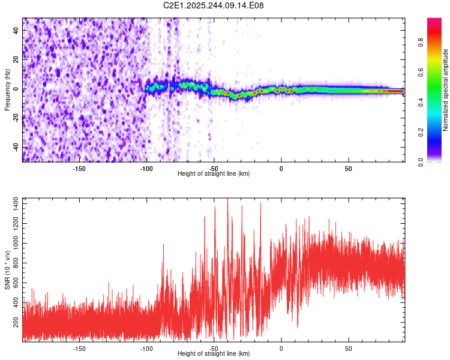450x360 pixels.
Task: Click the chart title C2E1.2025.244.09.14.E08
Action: pyautogui.click(x=214, y=6)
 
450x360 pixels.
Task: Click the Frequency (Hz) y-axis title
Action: pyautogui.click(x=7, y=90)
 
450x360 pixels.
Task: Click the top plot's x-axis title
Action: pyautogui.click(x=214, y=174)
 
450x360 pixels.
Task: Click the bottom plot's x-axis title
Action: pyautogui.click(x=214, y=354)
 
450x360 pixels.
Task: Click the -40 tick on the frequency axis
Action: pyautogui.click(x=16, y=148)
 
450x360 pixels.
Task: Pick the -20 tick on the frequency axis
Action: pyautogui.click(x=16, y=118)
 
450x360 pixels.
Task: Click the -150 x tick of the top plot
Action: pyautogui.click(x=79, y=168)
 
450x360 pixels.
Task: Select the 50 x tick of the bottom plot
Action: pyautogui.click(x=348, y=348)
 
